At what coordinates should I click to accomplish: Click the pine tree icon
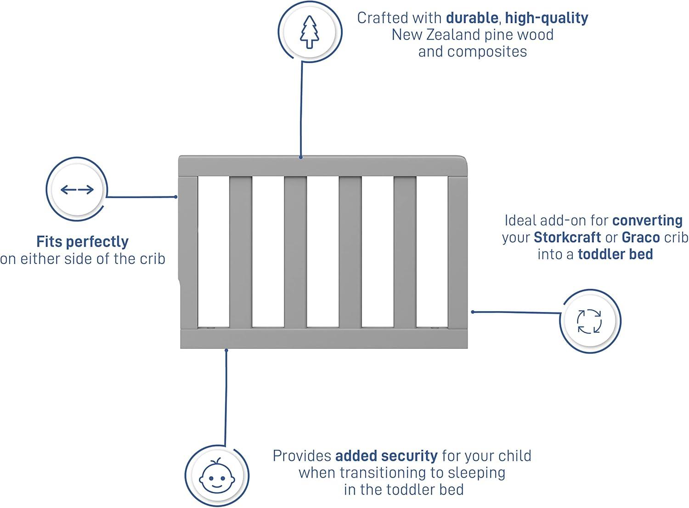tap(309, 32)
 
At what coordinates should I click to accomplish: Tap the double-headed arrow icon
tap(77, 190)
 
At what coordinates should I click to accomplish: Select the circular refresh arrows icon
tap(589, 321)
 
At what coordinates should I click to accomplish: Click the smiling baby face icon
tap(217, 475)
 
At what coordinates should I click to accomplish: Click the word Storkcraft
tap(567, 237)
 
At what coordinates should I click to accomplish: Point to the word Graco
tap(641, 237)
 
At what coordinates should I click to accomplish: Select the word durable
tap(472, 18)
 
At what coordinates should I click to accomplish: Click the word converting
tap(647, 220)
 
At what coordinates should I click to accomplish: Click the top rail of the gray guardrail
tap(322, 166)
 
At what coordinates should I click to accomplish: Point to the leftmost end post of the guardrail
tap(188, 252)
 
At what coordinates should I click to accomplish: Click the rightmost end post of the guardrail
tap(457, 252)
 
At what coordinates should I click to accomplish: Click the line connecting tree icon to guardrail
tap(301, 110)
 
